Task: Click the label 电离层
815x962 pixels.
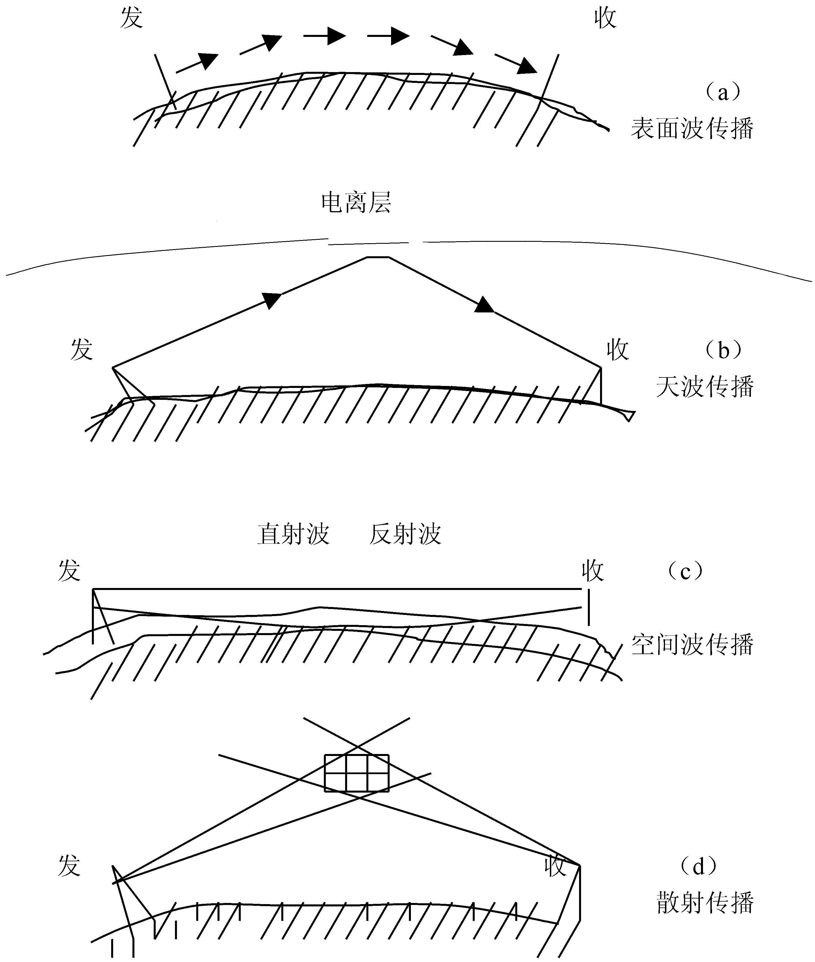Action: [x=356, y=203]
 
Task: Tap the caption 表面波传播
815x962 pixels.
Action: [x=692, y=128]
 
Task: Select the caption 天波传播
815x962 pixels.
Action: [x=705, y=387]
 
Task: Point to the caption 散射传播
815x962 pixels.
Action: [x=705, y=902]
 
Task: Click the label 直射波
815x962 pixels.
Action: [x=294, y=534]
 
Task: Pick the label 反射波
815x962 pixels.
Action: [x=405, y=534]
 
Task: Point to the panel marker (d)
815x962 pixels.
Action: [x=698, y=866]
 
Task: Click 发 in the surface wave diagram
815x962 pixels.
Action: [x=132, y=18]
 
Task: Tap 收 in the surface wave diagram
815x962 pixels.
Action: [x=605, y=18]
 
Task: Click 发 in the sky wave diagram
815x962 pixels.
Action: [x=82, y=350]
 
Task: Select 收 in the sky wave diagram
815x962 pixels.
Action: [x=618, y=350]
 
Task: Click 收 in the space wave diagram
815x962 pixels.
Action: [x=593, y=571]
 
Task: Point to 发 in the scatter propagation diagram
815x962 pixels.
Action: [x=69, y=866]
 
